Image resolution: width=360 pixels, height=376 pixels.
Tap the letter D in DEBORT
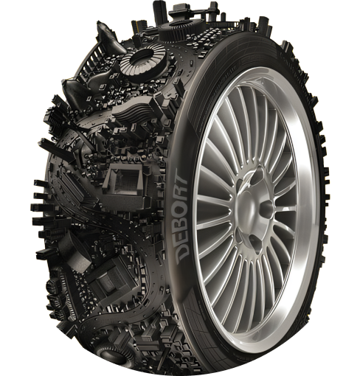[182, 253]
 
